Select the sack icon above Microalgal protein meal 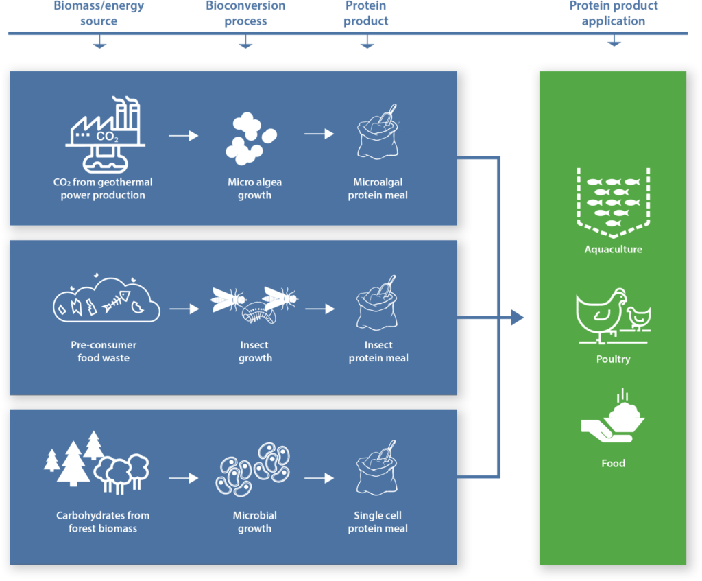377,133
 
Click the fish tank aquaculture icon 613,198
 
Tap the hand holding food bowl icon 613,420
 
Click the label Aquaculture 613,250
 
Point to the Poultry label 613,359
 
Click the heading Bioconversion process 245,14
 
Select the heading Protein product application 614,14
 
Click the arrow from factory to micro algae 183,136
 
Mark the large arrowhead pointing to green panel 516,318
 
